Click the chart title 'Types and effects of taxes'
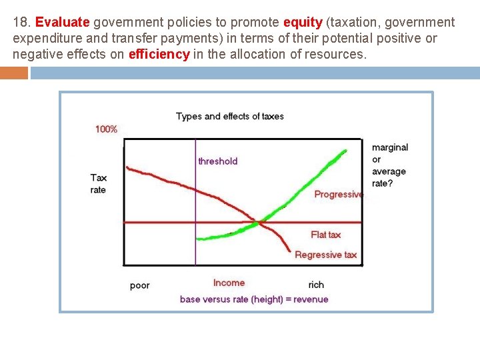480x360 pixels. click(x=230, y=116)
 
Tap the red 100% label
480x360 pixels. click(x=106, y=129)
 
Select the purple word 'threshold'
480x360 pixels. click(x=217, y=161)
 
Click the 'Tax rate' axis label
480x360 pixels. click(x=99, y=183)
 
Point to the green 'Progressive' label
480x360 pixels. click(x=339, y=195)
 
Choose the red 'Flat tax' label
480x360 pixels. click(x=326, y=235)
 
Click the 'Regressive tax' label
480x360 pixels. click(x=325, y=255)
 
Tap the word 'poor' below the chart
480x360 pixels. click(x=139, y=285)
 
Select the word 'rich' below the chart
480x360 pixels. click(x=316, y=285)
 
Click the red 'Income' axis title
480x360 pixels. click(x=229, y=283)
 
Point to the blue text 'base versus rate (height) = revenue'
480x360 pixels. click(x=254, y=299)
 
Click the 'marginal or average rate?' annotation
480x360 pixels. click(x=389, y=165)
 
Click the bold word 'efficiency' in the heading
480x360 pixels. click(x=159, y=54)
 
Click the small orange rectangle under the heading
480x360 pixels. click(x=14, y=73)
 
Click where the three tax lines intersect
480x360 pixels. click(x=260, y=223)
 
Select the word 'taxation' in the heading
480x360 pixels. click(x=355, y=22)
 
